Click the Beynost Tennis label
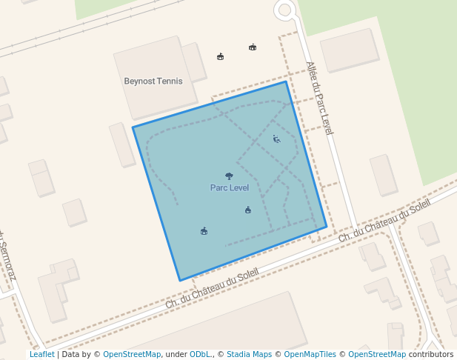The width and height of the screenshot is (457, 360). (x=153, y=81)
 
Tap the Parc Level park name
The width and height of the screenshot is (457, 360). (x=230, y=188)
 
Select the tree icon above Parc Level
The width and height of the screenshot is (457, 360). (x=229, y=176)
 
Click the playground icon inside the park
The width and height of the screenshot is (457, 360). (x=276, y=139)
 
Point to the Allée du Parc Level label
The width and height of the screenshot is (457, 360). (x=319, y=98)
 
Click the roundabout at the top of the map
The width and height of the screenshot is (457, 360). (x=284, y=10)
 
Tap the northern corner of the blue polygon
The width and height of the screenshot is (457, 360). (x=286, y=81)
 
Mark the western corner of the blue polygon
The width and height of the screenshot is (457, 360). (x=133, y=127)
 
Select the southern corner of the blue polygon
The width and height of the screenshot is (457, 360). (x=180, y=280)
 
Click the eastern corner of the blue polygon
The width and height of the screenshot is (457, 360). (x=327, y=227)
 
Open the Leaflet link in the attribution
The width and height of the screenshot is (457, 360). (x=41, y=355)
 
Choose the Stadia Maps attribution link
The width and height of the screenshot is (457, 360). (x=249, y=355)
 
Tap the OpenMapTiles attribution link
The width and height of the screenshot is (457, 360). (x=310, y=355)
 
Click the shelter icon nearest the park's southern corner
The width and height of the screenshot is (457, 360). (x=204, y=231)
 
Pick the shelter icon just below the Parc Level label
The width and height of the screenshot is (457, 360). (x=248, y=210)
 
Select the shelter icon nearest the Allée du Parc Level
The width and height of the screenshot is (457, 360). (x=253, y=47)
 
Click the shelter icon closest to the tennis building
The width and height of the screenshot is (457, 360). (x=220, y=56)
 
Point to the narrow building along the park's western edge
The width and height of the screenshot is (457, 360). (x=122, y=144)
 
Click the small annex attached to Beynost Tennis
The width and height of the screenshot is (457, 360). (x=195, y=62)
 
